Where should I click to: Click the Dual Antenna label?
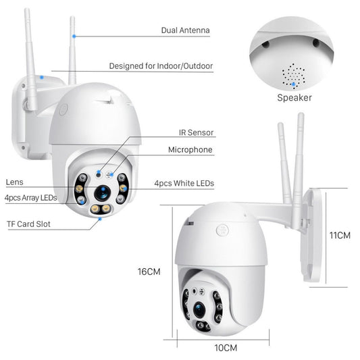click(185, 30)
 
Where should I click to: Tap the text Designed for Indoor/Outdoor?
click(161, 66)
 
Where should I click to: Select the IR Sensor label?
click(196, 133)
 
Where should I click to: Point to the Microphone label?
click(190, 150)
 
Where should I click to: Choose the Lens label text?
click(14, 182)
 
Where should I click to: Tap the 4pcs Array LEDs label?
click(31, 198)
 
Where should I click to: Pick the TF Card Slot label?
click(28, 224)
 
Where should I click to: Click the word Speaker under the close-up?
click(294, 97)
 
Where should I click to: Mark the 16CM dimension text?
click(149, 272)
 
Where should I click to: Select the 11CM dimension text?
click(340, 236)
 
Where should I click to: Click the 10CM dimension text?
click(226, 348)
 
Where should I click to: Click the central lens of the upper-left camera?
click(102, 192)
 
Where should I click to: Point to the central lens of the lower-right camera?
click(200, 307)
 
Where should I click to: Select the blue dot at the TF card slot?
click(100, 218)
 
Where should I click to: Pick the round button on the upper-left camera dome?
click(63, 109)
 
